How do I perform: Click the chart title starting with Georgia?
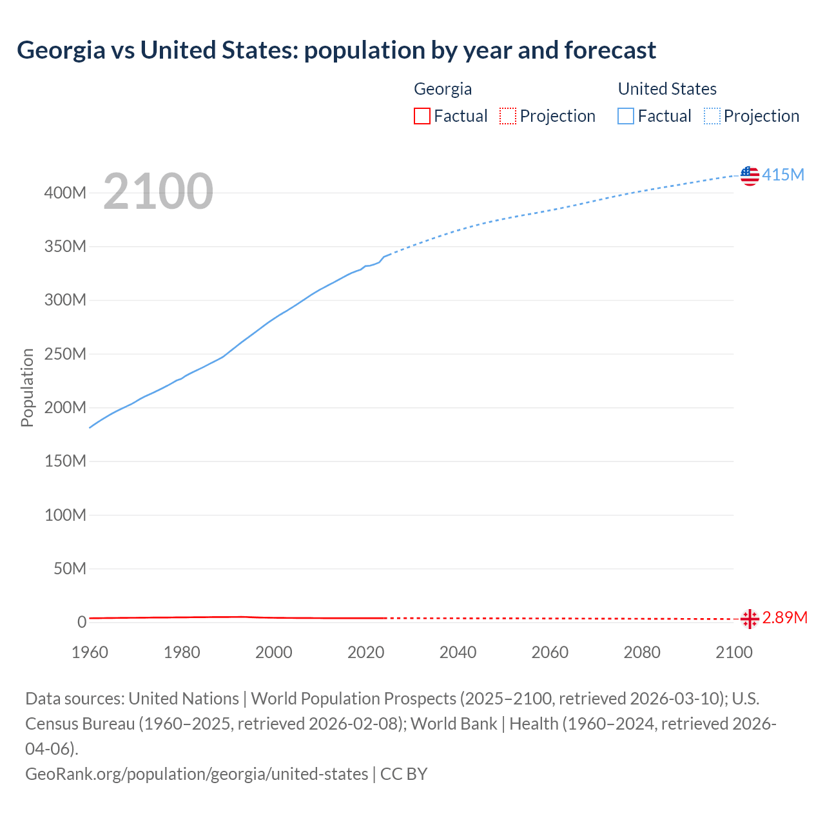(336, 50)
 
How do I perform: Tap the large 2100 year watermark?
(158, 191)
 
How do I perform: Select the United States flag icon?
(750, 175)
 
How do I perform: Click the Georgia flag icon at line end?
(750, 619)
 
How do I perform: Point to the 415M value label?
(783, 175)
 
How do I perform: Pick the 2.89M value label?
(784, 618)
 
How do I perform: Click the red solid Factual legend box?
(422, 116)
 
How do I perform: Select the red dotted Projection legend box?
(508, 116)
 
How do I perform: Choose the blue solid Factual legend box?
(625, 116)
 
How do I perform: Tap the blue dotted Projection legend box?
(712, 116)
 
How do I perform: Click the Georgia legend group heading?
(443, 89)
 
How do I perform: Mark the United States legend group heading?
(667, 89)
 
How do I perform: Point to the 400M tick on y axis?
(65, 193)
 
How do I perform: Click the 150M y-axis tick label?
(65, 461)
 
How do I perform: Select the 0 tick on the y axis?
(82, 622)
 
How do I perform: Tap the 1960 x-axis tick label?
(90, 652)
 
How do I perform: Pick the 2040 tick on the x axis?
(458, 652)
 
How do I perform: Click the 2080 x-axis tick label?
(642, 652)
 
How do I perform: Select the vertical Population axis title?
(27, 387)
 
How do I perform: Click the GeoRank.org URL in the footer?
(197, 773)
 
